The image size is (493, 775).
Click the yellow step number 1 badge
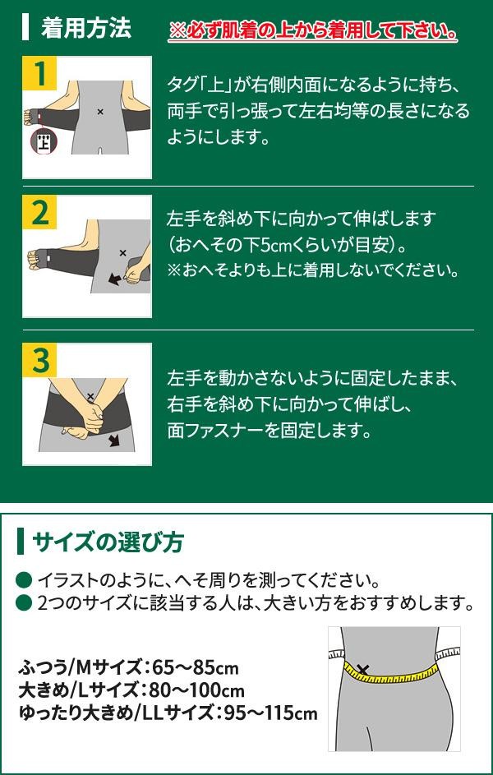pyautogui.click(x=39, y=73)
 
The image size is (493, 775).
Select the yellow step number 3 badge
pyautogui.click(x=39, y=360)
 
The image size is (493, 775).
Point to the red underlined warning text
pyautogui.click(x=312, y=31)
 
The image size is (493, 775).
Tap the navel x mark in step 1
pyautogui.click(x=100, y=113)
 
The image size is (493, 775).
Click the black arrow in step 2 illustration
pyautogui.click(x=114, y=279)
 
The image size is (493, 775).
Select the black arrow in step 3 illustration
pyautogui.click(x=114, y=441)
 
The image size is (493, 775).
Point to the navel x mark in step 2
pyautogui.click(x=123, y=253)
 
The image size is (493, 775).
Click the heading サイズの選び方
pyautogui.click(x=108, y=542)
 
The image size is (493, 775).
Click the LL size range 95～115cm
pyautogui.click(x=270, y=713)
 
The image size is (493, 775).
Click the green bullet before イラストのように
pyautogui.click(x=25, y=579)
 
